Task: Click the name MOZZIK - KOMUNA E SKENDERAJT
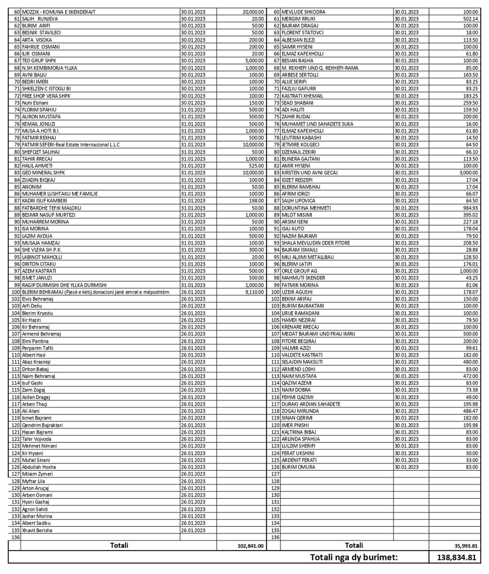click(59, 12)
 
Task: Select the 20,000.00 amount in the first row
click(253, 12)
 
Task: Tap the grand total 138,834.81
click(456, 557)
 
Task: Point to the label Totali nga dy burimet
click(354, 557)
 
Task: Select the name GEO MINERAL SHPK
click(43, 173)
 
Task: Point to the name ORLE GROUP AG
click(299, 271)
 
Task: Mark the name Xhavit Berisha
click(37, 530)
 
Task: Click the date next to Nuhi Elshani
click(193, 103)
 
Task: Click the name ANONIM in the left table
click(32, 187)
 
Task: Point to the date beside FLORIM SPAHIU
click(193, 110)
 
